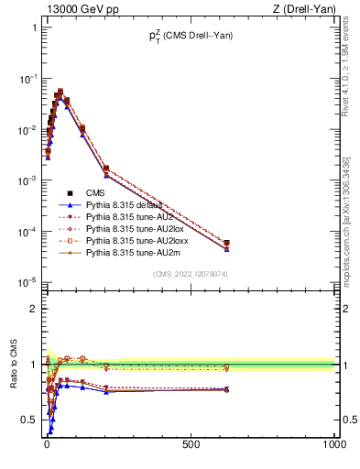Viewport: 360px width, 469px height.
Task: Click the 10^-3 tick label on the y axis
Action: pos(26,180)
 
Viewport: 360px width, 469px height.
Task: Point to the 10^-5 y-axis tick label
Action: pos(26,282)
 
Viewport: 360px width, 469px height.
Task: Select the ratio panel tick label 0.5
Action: pos(28,420)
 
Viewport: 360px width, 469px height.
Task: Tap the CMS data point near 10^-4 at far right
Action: pos(226,243)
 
